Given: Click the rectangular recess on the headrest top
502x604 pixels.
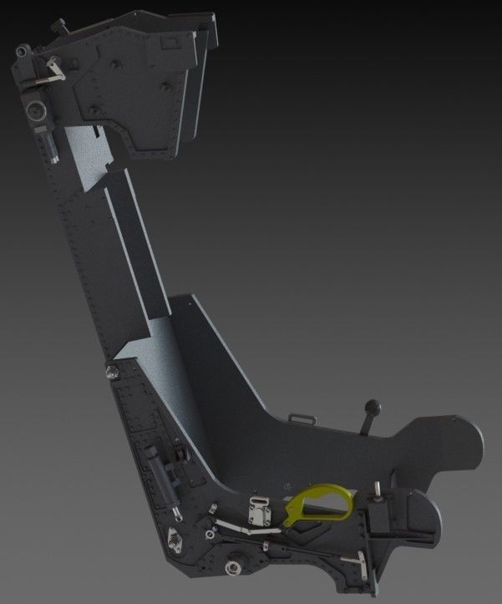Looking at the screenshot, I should (x=171, y=39).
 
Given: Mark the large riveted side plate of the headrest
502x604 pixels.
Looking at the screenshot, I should (x=134, y=92).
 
